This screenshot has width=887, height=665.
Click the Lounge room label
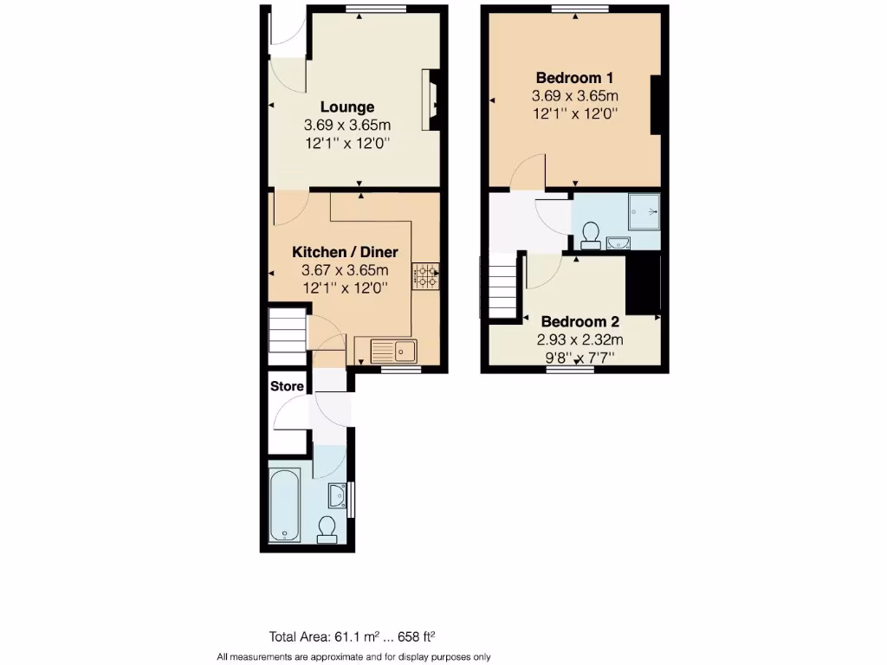347,107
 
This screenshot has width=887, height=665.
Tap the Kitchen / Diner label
345,252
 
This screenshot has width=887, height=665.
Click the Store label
287,385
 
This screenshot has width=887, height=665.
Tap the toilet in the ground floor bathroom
327,528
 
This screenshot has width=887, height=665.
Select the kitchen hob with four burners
425,276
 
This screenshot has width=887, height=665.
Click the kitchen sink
395,351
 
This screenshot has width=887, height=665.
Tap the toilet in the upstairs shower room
592,235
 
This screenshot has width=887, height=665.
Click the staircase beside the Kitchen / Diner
287,333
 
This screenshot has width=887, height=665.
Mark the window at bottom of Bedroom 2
570,370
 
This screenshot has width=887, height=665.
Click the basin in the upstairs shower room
618,242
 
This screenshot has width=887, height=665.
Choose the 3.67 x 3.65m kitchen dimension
345,269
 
